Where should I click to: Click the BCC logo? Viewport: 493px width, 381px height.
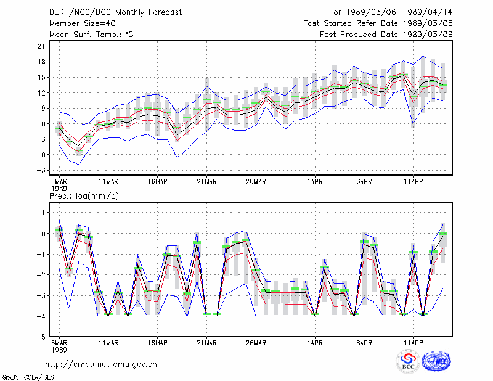tap(408, 362)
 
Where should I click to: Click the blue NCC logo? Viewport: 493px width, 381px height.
tap(436, 361)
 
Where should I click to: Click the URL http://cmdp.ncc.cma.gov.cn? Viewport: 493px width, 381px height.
tap(101, 364)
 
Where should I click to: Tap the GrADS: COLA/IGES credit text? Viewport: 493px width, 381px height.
tap(28, 377)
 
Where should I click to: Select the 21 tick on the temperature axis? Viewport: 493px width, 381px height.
tap(41, 46)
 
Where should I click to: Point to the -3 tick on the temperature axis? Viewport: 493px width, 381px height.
tap(41, 170)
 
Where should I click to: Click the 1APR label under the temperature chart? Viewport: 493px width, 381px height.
tap(315, 182)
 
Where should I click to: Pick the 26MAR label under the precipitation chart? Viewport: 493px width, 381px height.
tap(256, 343)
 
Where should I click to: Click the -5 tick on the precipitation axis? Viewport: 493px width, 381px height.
tap(41, 337)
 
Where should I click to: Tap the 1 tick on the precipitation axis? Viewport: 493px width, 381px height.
tap(43, 213)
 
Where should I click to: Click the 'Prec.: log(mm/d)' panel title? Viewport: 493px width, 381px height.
tap(84, 196)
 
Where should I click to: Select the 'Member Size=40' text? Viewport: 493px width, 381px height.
tap(83, 23)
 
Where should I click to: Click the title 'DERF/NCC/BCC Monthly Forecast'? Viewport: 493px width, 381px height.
tap(115, 12)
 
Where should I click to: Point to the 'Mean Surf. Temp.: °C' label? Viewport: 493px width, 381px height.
tap(91, 35)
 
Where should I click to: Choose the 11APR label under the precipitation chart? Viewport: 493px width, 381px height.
tap(414, 343)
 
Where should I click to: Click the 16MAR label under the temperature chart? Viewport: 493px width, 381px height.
tap(158, 182)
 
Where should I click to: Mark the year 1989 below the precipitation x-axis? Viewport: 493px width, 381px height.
tap(59, 350)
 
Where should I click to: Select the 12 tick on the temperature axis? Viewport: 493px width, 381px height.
tap(41, 93)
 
